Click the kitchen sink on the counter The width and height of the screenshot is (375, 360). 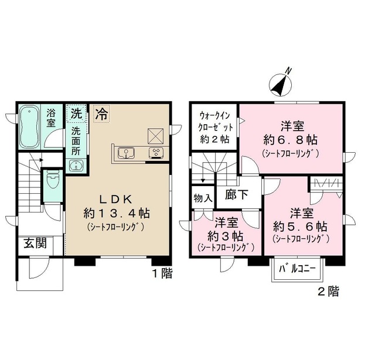[x=125, y=153]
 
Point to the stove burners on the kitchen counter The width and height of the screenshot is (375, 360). [x=156, y=153]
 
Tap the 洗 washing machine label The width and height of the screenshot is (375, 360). [x=76, y=112]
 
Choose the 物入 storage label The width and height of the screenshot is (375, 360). [x=203, y=198]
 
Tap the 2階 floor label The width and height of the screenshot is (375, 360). [x=328, y=291]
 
